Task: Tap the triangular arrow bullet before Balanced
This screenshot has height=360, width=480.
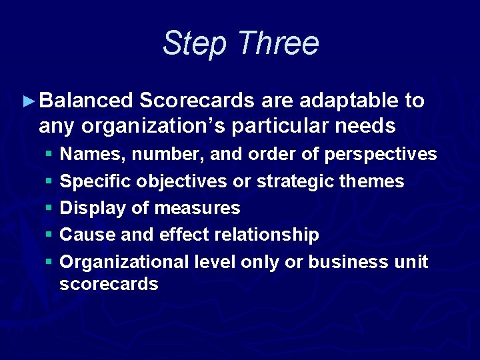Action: tap(28, 101)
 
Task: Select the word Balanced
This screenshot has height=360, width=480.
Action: tap(87, 101)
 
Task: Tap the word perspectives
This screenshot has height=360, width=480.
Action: tap(380, 155)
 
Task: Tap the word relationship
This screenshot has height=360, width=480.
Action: tap(272, 235)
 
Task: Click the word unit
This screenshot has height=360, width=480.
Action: tap(412, 261)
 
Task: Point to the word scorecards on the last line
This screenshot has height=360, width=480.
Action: tap(109, 284)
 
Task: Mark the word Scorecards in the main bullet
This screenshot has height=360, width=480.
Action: tap(197, 101)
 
